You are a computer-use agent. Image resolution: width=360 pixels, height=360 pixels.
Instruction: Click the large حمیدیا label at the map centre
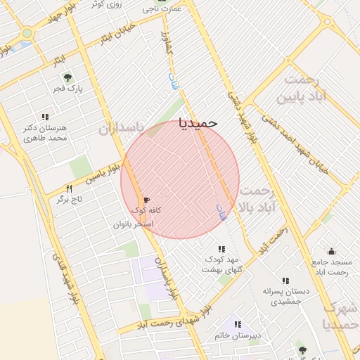(199, 122)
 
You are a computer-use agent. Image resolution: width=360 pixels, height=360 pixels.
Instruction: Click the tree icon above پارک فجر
(67, 78)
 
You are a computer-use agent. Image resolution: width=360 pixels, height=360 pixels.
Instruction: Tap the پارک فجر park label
(67, 89)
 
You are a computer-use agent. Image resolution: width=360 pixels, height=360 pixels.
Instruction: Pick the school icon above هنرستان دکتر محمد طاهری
(45, 117)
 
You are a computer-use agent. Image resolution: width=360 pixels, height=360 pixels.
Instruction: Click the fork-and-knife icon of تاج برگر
(69, 188)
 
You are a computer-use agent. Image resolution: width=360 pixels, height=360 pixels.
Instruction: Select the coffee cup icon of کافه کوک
(146, 200)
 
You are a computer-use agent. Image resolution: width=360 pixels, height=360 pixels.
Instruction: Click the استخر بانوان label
(134, 224)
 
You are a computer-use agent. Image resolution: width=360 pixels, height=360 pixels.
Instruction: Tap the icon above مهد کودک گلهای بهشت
(221, 249)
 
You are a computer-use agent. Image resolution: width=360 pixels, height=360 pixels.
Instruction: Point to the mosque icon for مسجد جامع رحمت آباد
(330, 251)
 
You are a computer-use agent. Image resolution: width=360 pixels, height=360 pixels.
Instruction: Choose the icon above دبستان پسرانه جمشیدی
(285, 281)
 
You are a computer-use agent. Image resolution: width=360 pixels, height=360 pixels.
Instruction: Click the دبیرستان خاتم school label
(239, 335)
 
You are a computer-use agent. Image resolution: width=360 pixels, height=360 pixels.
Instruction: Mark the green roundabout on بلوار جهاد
(27, 33)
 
